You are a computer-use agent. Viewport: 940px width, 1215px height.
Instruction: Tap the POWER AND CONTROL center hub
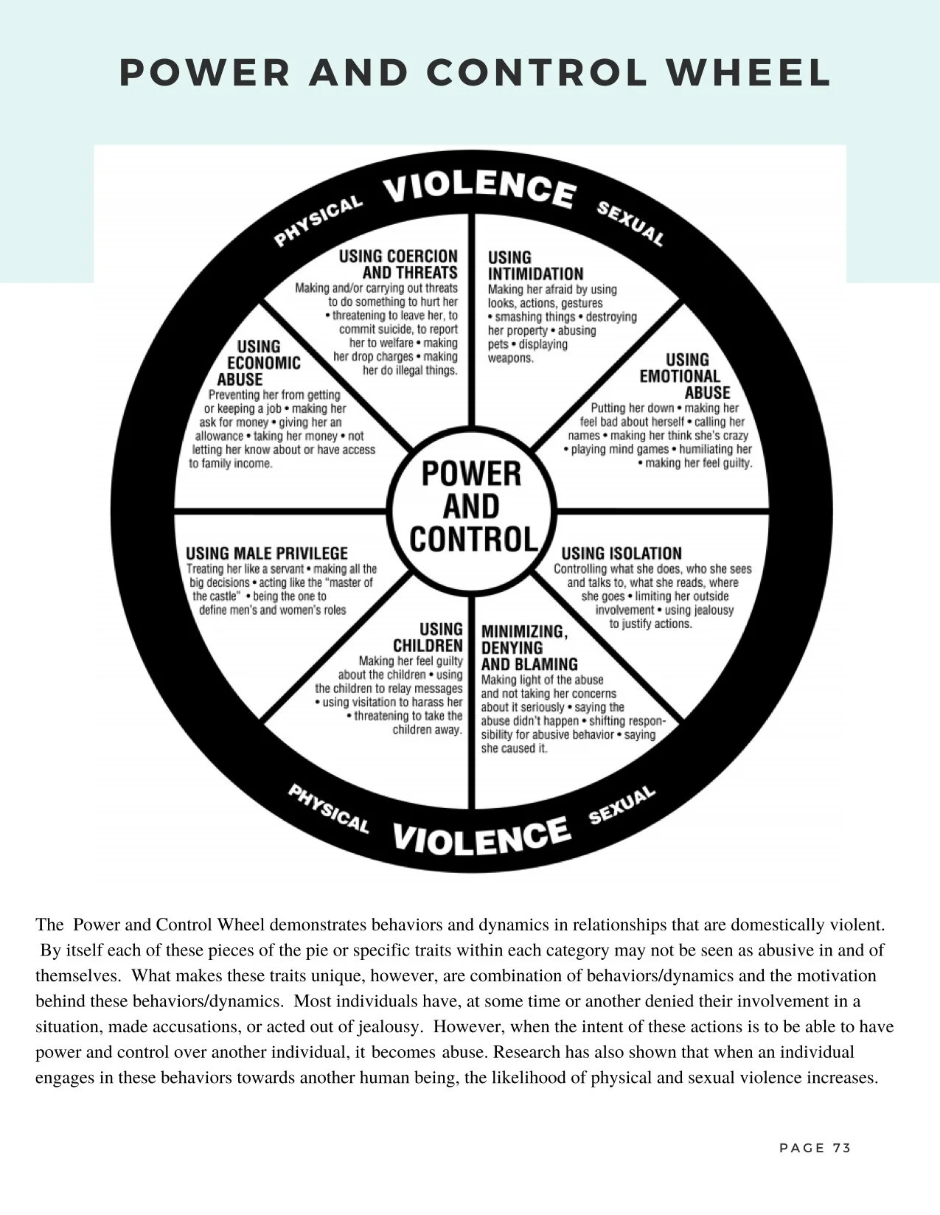[472, 506]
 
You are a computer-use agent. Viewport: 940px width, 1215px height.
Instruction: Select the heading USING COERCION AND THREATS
[398, 264]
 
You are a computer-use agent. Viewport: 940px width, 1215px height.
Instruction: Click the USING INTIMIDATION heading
[535, 265]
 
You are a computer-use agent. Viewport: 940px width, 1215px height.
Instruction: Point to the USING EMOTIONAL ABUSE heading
[685, 376]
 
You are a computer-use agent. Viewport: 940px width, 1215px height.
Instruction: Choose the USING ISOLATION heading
[622, 553]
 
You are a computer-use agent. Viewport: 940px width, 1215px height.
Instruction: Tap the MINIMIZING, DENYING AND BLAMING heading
[529, 647]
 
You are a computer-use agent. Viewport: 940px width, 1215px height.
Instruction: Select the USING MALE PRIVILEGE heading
[266, 553]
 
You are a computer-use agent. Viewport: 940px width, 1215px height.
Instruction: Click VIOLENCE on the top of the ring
[478, 189]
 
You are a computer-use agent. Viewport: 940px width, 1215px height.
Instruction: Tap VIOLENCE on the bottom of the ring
[481, 836]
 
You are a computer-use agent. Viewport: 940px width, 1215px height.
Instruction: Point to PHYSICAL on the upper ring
[318, 220]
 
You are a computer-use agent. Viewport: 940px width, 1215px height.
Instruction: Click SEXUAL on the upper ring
[630, 223]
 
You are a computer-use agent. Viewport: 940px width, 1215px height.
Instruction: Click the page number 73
[842, 1148]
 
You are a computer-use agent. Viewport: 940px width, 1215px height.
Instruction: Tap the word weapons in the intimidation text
[510, 358]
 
